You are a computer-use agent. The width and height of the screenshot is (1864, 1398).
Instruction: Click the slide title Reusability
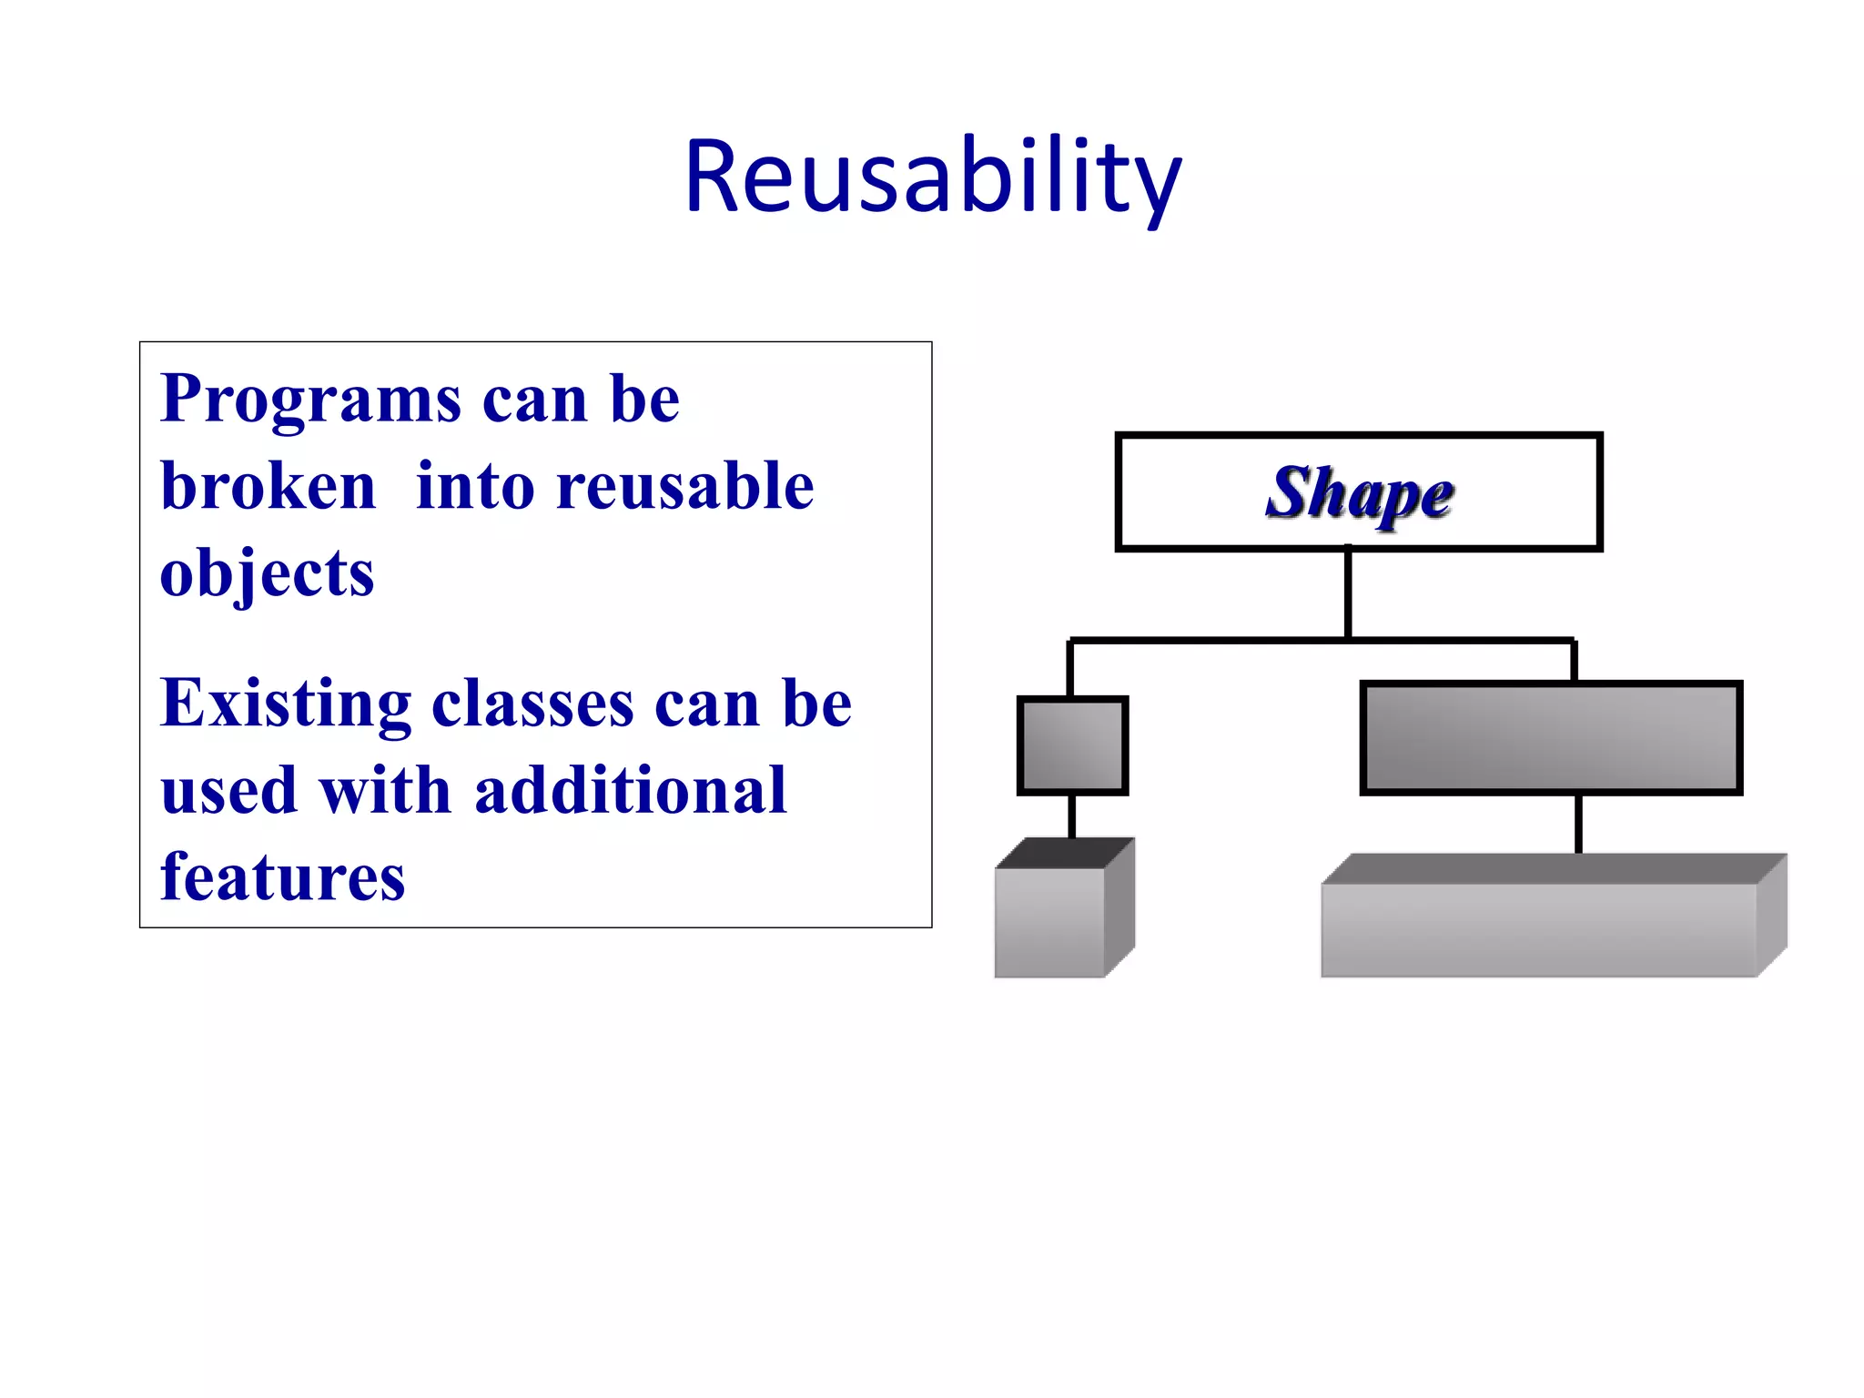pos(932,177)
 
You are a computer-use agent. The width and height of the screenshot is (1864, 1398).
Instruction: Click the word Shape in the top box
pos(1359,493)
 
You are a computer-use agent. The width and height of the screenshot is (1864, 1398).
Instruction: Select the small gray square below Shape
pos(1072,746)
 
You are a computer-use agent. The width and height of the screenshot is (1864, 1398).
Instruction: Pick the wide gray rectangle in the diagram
pos(1551,738)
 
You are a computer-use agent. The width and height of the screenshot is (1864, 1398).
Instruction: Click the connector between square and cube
pos(1072,816)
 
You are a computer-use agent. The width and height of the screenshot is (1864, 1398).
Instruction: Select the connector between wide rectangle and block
pos(1578,824)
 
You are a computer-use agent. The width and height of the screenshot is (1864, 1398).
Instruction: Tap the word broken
pos(268,486)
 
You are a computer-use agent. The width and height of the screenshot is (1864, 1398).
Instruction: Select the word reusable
pos(685,486)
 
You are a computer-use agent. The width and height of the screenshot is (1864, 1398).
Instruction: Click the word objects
pos(267,573)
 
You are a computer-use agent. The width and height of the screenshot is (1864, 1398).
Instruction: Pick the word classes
pos(532,704)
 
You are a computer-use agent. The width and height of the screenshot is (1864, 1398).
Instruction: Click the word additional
pos(631,790)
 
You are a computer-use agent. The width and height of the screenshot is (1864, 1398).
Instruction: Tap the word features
pos(282,877)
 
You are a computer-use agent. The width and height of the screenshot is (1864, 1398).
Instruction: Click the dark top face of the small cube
pos(1065,854)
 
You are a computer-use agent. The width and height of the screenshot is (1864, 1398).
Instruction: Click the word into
pos(475,486)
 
